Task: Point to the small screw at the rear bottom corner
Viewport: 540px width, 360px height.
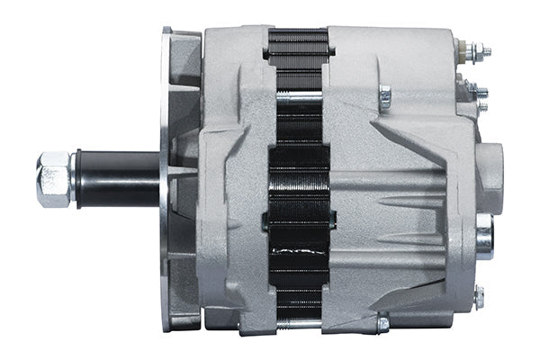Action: (479, 296)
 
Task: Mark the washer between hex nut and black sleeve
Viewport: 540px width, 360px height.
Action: (76, 178)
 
